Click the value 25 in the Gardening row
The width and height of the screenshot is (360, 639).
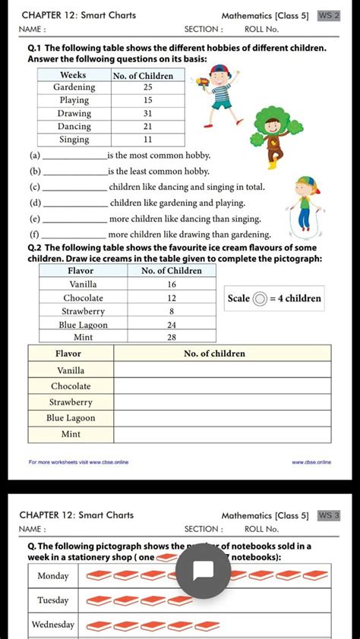click(x=148, y=87)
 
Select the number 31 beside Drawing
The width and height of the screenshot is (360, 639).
click(x=148, y=113)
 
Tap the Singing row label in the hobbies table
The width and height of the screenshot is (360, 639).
click(x=74, y=140)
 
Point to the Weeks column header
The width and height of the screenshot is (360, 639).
click(x=73, y=75)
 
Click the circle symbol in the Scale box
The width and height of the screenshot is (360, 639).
click(x=261, y=298)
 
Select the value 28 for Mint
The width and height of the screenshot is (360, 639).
click(x=172, y=336)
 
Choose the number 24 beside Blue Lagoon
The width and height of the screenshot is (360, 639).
click(x=172, y=324)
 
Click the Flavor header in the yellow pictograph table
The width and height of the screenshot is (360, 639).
click(x=68, y=353)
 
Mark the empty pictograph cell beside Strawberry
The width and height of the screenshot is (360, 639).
click(x=222, y=401)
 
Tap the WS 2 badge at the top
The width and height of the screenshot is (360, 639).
click(x=328, y=15)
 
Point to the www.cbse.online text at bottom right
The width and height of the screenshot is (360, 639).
click(x=311, y=461)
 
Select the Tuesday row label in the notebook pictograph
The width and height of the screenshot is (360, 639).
click(x=53, y=600)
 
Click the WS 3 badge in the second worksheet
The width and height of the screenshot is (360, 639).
click(x=328, y=515)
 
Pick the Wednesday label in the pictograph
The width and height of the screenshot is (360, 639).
click(x=53, y=625)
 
